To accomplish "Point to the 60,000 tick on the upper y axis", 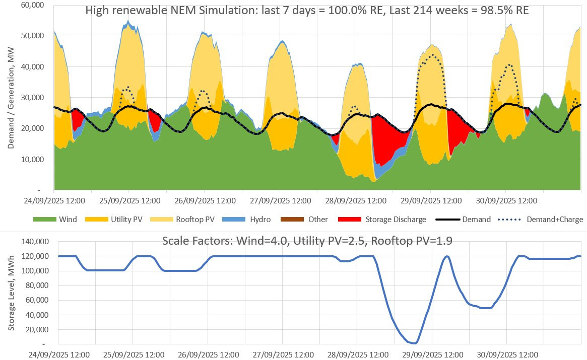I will point(33,5).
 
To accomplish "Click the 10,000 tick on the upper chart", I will point(33,160).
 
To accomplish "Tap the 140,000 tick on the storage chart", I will point(35,242).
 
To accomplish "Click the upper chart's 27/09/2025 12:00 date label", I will point(279,200).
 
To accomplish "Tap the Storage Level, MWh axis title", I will point(11,294).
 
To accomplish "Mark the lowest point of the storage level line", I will point(414,343).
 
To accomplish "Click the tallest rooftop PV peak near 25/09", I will point(128,22).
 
